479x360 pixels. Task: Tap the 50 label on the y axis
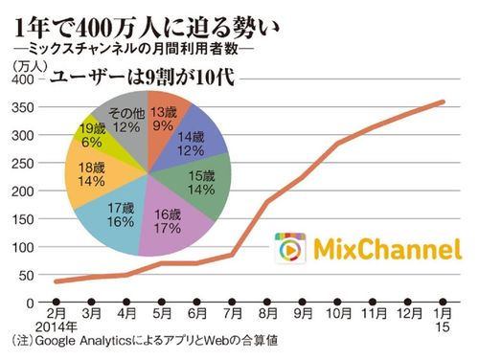point(21,275)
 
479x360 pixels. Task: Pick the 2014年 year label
point(55,326)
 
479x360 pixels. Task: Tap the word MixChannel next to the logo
point(380,250)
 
